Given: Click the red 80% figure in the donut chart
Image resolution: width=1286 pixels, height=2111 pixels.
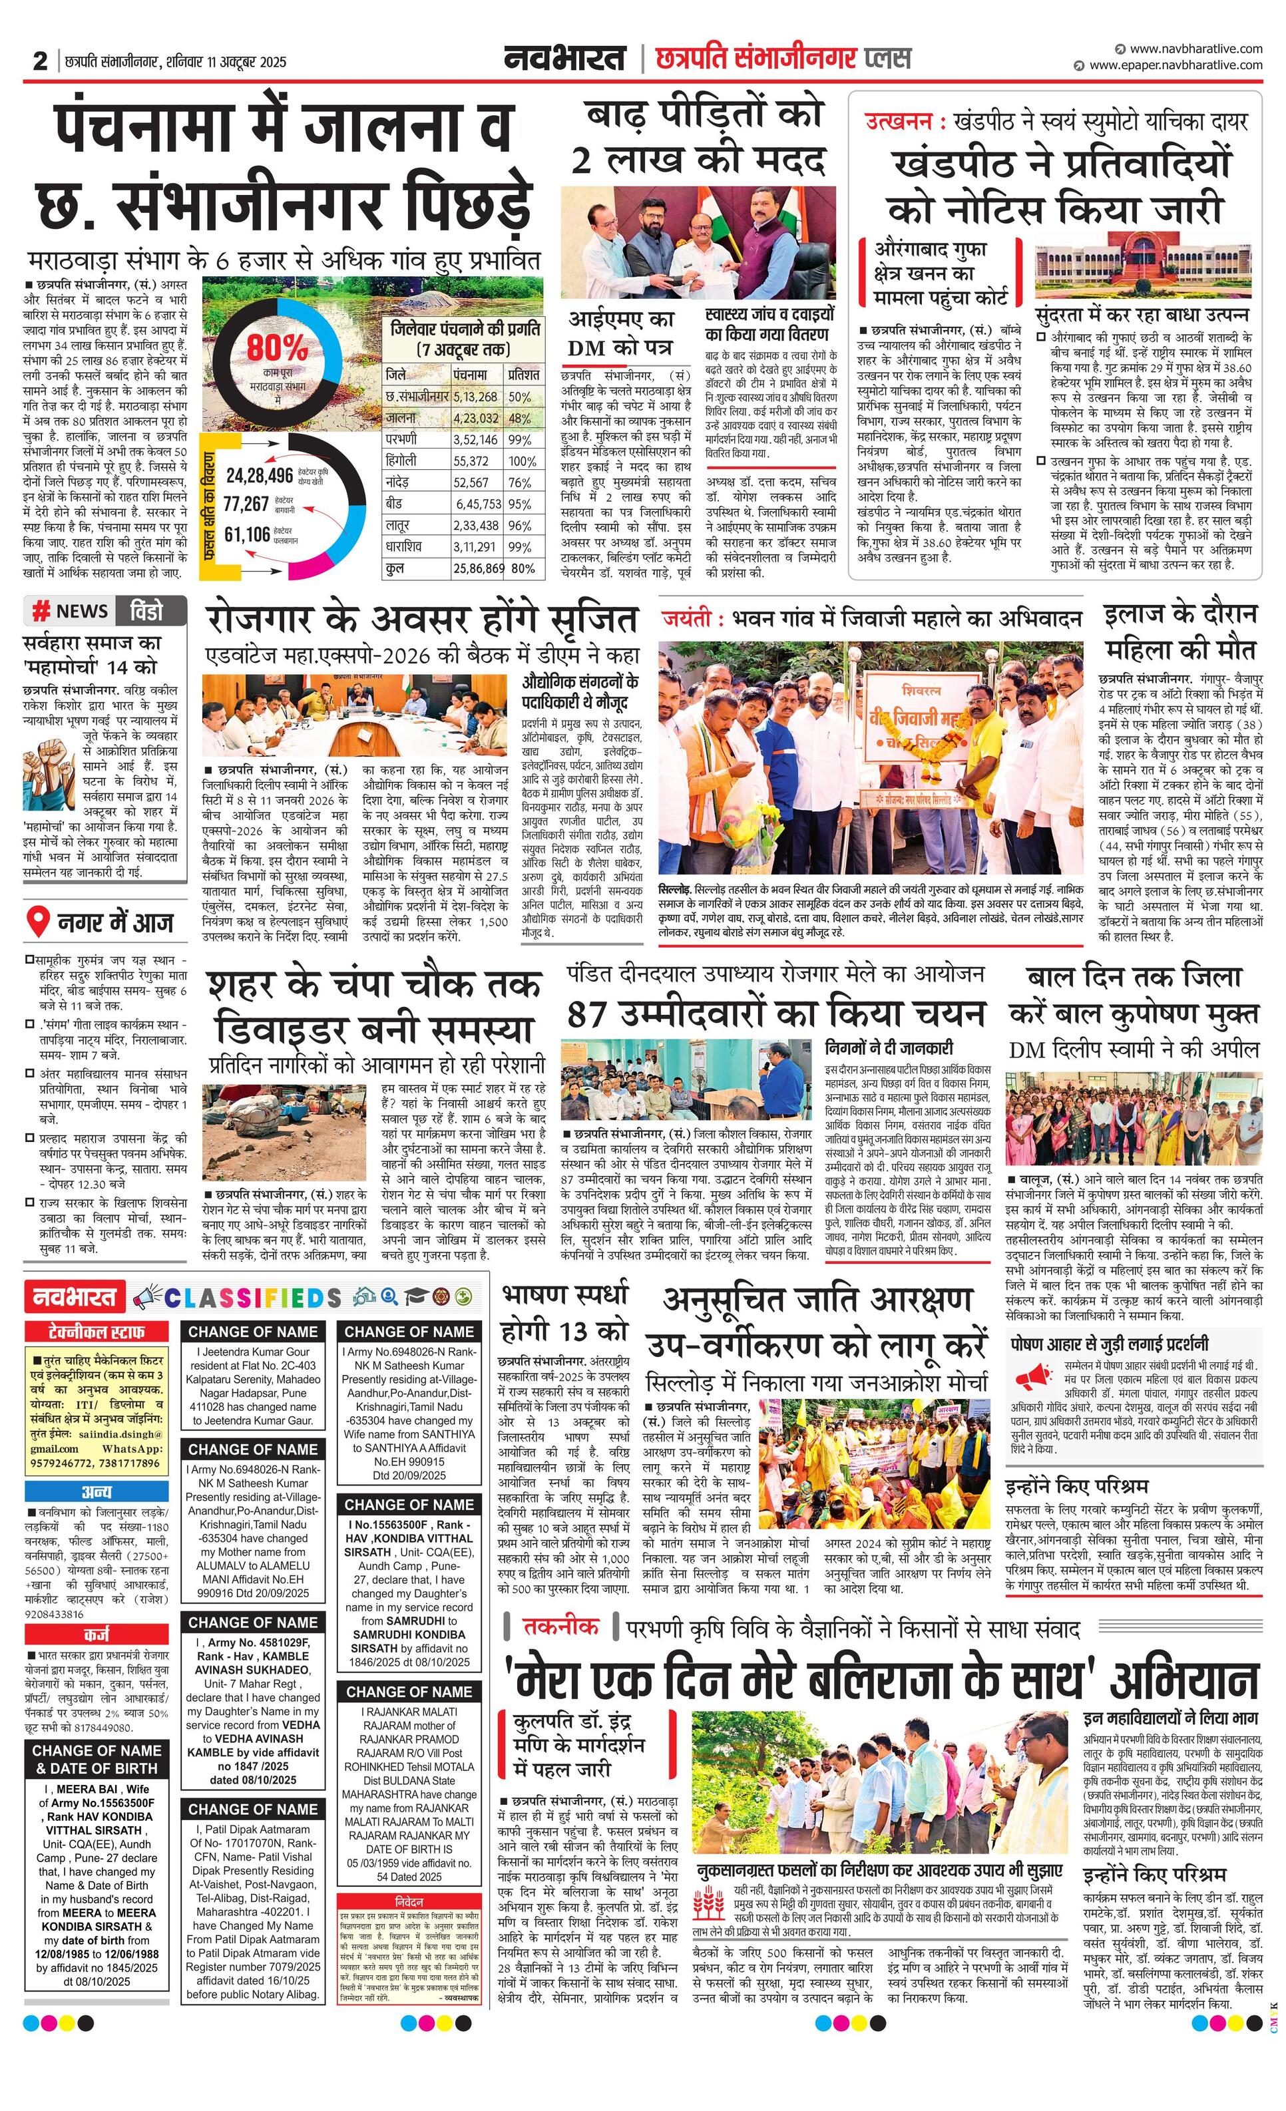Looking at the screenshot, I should [x=277, y=349].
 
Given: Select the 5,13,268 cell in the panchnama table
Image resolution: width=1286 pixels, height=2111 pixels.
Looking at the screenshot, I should [x=477, y=397].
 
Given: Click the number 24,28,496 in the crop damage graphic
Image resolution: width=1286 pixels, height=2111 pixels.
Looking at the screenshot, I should [x=260, y=475].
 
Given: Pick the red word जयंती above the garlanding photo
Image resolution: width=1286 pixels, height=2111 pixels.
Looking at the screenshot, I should [x=686, y=618].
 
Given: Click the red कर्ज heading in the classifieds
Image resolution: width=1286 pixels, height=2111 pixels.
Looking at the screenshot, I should [x=96, y=1634].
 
